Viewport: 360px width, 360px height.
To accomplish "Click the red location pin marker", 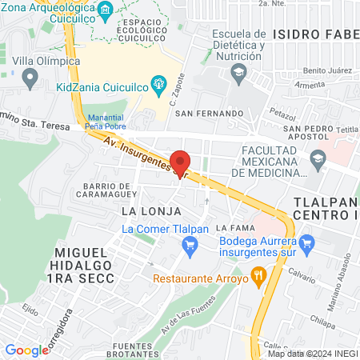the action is tap(181, 163).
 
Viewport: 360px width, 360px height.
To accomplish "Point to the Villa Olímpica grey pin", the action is tap(31, 78).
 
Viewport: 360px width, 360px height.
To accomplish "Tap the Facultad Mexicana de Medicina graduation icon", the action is tap(318, 158).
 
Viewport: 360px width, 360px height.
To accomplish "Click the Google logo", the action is tap(26, 350).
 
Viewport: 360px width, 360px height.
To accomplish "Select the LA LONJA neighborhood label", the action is tap(143, 210).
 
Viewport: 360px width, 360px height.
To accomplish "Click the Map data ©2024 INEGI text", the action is tap(311, 354).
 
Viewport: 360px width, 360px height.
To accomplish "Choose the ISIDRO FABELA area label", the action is tap(315, 34).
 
